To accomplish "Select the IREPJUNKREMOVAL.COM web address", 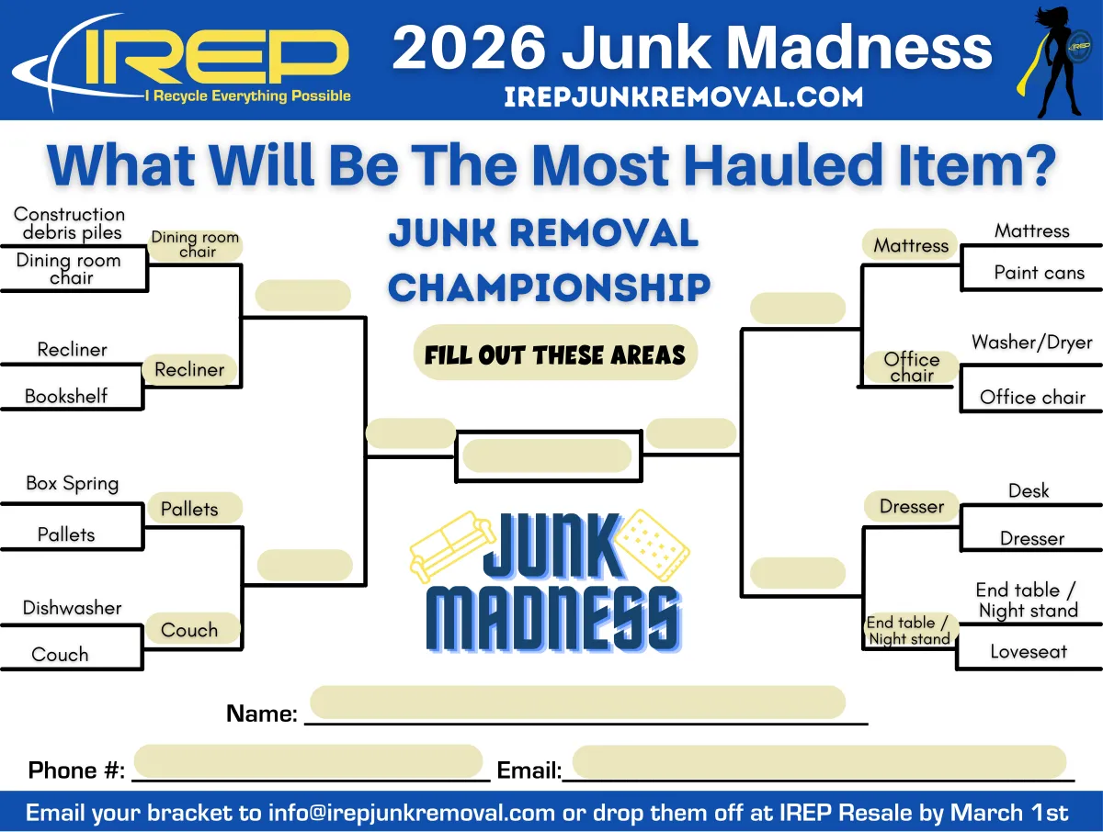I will pyautogui.click(x=683, y=96).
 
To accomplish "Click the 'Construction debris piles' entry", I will pyautogui.click(x=70, y=223).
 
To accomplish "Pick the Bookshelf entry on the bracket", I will pyautogui.click(x=66, y=397).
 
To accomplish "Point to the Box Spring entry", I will pyautogui.click(x=72, y=483).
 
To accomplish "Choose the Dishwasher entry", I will pyautogui.click(x=72, y=608).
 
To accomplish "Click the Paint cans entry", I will pyautogui.click(x=1039, y=273).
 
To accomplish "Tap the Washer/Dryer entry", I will pyautogui.click(x=1031, y=343).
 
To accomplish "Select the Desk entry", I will pyautogui.click(x=1028, y=491).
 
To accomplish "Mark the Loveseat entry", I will pyautogui.click(x=1028, y=652).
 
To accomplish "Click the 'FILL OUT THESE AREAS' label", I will pyautogui.click(x=555, y=354).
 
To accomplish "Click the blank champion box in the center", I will pyautogui.click(x=547, y=455).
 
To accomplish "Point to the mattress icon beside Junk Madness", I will pyautogui.click(x=654, y=545).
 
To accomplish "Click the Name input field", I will pyautogui.click(x=577, y=703).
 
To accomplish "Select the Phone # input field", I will pyautogui.click(x=309, y=762).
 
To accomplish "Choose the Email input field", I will pyautogui.click(x=818, y=762).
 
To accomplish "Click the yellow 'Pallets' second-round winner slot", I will pyautogui.click(x=189, y=509).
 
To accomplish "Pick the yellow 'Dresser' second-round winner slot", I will pyautogui.click(x=911, y=506).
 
